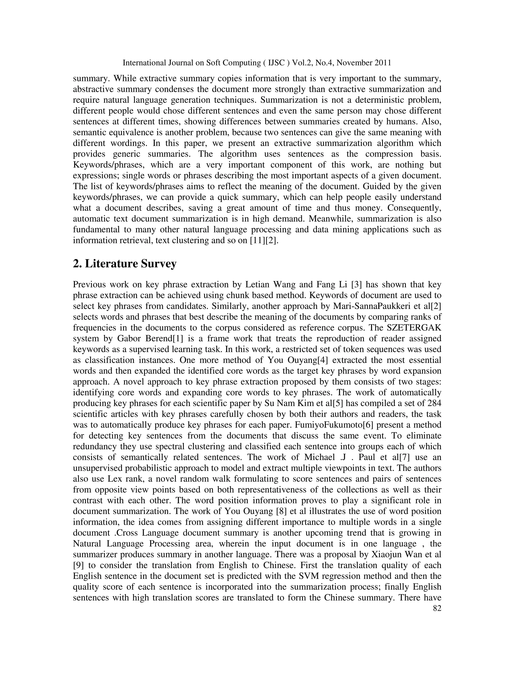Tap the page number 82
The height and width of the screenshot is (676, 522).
click(437, 608)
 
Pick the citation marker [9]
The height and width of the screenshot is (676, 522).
click(78, 565)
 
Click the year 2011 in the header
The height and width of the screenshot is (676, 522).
click(383, 63)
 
